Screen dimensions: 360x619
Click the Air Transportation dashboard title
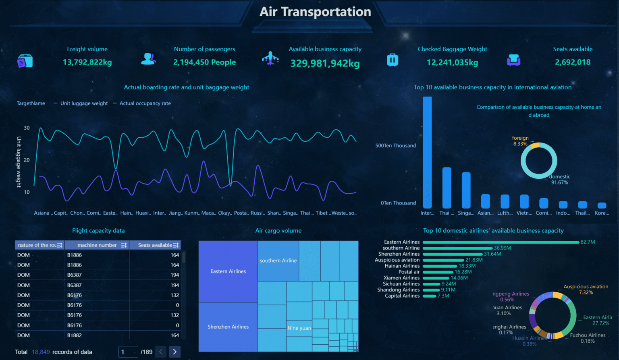click(x=315, y=12)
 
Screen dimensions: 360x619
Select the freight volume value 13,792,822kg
click(x=87, y=62)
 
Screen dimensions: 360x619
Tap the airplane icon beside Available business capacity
click(x=270, y=58)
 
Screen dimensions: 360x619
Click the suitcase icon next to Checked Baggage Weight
click(x=393, y=60)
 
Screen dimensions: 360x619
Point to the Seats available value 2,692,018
click(x=573, y=62)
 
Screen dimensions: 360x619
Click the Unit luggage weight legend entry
click(x=84, y=103)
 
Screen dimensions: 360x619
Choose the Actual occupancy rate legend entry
click(x=145, y=103)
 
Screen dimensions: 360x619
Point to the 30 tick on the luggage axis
click(x=27, y=128)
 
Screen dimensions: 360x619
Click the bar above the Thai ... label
click(x=447, y=188)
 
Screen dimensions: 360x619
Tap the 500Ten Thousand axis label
click(x=396, y=146)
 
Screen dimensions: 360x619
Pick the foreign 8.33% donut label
click(x=520, y=141)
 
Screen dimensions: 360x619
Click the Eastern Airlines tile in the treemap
click(x=228, y=271)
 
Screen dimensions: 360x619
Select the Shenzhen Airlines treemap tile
click(x=228, y=327)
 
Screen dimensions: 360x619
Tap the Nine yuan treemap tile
click(x=299, y=328)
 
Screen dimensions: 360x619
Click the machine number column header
click(x=97, y=245)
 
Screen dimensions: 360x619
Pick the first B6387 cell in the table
click(x=75, y=275)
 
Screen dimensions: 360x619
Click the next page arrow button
click(x=174, y=352)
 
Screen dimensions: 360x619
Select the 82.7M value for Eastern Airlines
click(x=588, y=242)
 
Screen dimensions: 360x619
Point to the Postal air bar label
click(x=409, y=272)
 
